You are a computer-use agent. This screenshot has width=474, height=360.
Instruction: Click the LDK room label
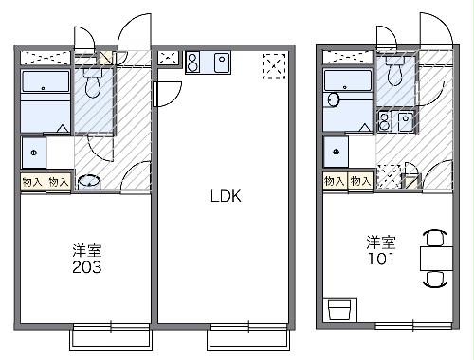[x=226, y=197]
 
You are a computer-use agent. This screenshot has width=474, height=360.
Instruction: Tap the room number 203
[x=86, y=267]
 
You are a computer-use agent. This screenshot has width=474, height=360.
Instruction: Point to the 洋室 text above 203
[x=87, y=251]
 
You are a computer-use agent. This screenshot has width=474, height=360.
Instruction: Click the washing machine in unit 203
[x=34, y=152]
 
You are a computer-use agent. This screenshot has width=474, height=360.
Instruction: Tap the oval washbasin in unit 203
[x=88, y=181]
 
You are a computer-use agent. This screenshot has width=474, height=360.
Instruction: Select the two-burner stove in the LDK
[x=193, y=63]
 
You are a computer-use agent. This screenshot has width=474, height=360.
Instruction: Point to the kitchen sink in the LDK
[x=223, y=63]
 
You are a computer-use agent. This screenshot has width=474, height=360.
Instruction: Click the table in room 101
[x=435, y=257]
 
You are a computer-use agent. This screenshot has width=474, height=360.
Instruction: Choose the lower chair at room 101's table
[x=435, y=279]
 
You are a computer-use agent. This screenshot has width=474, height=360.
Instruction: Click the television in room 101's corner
[x=338, y=310]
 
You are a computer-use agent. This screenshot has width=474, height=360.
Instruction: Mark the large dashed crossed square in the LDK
[x=275, y=65]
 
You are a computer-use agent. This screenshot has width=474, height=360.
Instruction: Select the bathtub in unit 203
[x=44, y=103]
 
